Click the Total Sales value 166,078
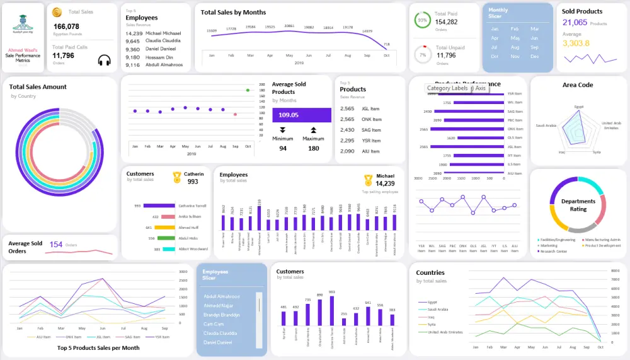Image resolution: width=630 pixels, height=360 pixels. click(x=66, y=26)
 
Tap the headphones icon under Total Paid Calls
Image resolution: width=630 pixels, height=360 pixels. click(x=105, y=60)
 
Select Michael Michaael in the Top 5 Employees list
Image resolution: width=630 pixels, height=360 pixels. click(x=163, y=33)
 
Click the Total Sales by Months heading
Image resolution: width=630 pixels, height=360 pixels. click(x=233, y=12)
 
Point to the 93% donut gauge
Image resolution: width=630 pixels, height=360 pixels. click(x=421, y=20)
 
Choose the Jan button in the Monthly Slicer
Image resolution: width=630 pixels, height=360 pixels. click(x=495, y=29)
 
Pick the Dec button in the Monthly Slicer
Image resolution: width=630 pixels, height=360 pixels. click(x=534, y=57)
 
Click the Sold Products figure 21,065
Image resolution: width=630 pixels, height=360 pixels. click(x=575, y=23)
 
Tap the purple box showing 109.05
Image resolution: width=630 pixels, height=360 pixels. click(x=301, y=115)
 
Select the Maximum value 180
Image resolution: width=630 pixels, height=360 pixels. click(x=313, y=148)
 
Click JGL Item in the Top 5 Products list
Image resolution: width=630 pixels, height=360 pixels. click(x=371, y=109)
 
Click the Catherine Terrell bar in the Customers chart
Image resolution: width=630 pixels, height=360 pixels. click(x=159, y=206)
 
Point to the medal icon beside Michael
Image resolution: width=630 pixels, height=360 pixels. click(x=368, y=180)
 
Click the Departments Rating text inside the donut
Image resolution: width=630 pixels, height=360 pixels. click(x=578, y=205)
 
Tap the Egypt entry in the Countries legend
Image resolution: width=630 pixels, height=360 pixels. click(x=432, y=302)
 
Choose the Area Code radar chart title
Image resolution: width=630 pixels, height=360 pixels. click(x=578, y=85)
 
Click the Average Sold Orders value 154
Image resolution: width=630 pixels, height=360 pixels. click(x=56, y=245)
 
